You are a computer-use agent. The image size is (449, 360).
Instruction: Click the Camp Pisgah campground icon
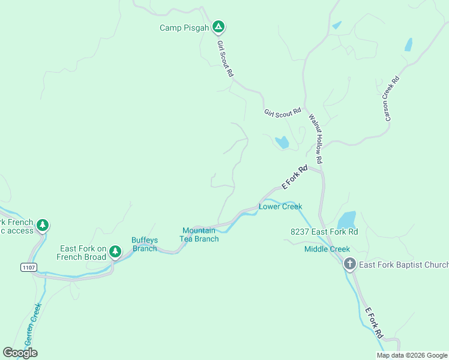pyautogui.click(x=219, y=27)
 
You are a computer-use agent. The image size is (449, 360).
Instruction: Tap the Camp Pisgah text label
pyautogui.click(x=184, y=28)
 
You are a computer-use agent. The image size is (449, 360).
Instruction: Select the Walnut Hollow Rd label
pyautogui.click(x=316, y=139)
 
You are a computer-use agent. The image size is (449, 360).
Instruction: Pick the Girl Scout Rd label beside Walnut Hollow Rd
pyautogui.click(x=282, y=113)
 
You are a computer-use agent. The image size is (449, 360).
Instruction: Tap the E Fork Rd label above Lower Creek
pyautogui.click(x=295, y=177)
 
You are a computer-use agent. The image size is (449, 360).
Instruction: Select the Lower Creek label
pyautogui.click(x=280, y=206)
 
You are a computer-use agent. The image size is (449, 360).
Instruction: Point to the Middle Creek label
pyautogui.click(x=327, y=249)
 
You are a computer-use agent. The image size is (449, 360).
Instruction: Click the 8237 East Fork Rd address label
pyautogui.click(x=324, y=232)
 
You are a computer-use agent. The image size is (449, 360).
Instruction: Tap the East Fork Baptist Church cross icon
pyautogui.click(x=350, y=264)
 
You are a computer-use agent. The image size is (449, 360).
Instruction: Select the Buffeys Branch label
pyautogui.click(x=144, y=244)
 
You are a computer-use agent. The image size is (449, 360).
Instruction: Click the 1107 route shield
pyautogui.click(x=28, y=266)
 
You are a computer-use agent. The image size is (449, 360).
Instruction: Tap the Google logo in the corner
pyautogui.click(x=20, y=353)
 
